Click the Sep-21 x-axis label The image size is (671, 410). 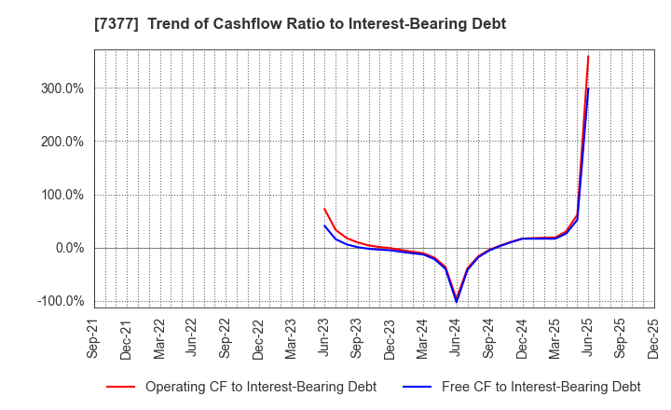(x=92, y=337)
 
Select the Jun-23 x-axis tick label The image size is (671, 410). (x=323, y=337)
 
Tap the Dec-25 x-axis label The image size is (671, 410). (x=653, y=337)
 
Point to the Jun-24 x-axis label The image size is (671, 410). (x=456, y=337)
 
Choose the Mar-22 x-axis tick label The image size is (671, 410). (x=158, y=337)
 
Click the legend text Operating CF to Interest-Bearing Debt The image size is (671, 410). (x=260, y=387)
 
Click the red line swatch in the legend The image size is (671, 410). (x=120, y=387)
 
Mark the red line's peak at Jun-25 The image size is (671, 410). (x=588, y=56)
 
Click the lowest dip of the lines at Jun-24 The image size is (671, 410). (x=457, y=300)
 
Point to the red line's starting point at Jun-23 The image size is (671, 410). (x=324, y=209)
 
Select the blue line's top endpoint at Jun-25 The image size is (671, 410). (x=588, y=89)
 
